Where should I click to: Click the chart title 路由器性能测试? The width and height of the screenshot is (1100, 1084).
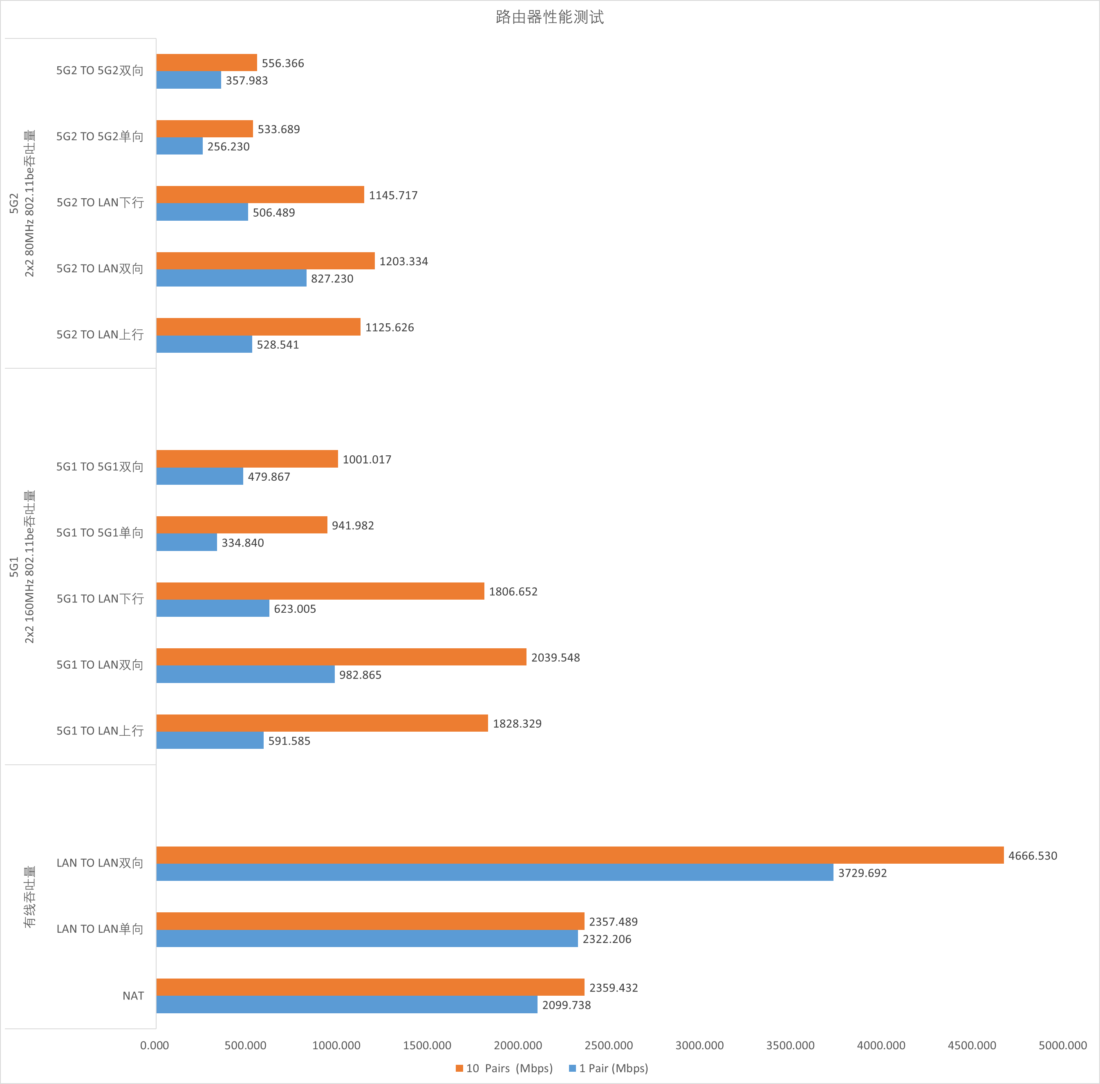point(549,17)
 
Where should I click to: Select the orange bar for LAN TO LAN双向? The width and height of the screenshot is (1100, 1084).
point(580,855)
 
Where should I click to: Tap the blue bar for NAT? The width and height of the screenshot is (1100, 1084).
point(347,1004)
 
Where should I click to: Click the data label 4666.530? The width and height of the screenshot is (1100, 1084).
point(1032,856)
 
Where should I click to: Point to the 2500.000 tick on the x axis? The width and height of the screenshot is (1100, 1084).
point(609,1045)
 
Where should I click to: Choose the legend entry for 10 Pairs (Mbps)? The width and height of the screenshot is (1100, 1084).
point(504,1068)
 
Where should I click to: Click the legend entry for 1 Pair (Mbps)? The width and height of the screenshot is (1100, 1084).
point(609,1068)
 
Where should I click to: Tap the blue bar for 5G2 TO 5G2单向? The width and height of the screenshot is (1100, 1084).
point(179,146)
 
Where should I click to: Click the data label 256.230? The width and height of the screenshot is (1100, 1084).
point(229,147)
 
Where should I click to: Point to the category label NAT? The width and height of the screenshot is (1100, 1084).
point(133,996)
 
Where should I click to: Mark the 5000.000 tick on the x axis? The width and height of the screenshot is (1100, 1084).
point(1062,1045)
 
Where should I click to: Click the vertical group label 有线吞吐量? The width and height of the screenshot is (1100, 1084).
point(29,897)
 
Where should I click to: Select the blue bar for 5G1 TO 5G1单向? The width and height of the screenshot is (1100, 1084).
point(187,542)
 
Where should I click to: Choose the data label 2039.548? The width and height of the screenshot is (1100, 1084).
point(555,658)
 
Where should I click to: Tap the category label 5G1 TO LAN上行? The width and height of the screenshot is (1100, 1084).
point(100,731)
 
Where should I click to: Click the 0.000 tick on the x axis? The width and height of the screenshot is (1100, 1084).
point(154,1045)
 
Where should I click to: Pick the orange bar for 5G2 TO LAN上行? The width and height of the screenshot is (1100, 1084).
point(258,327)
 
